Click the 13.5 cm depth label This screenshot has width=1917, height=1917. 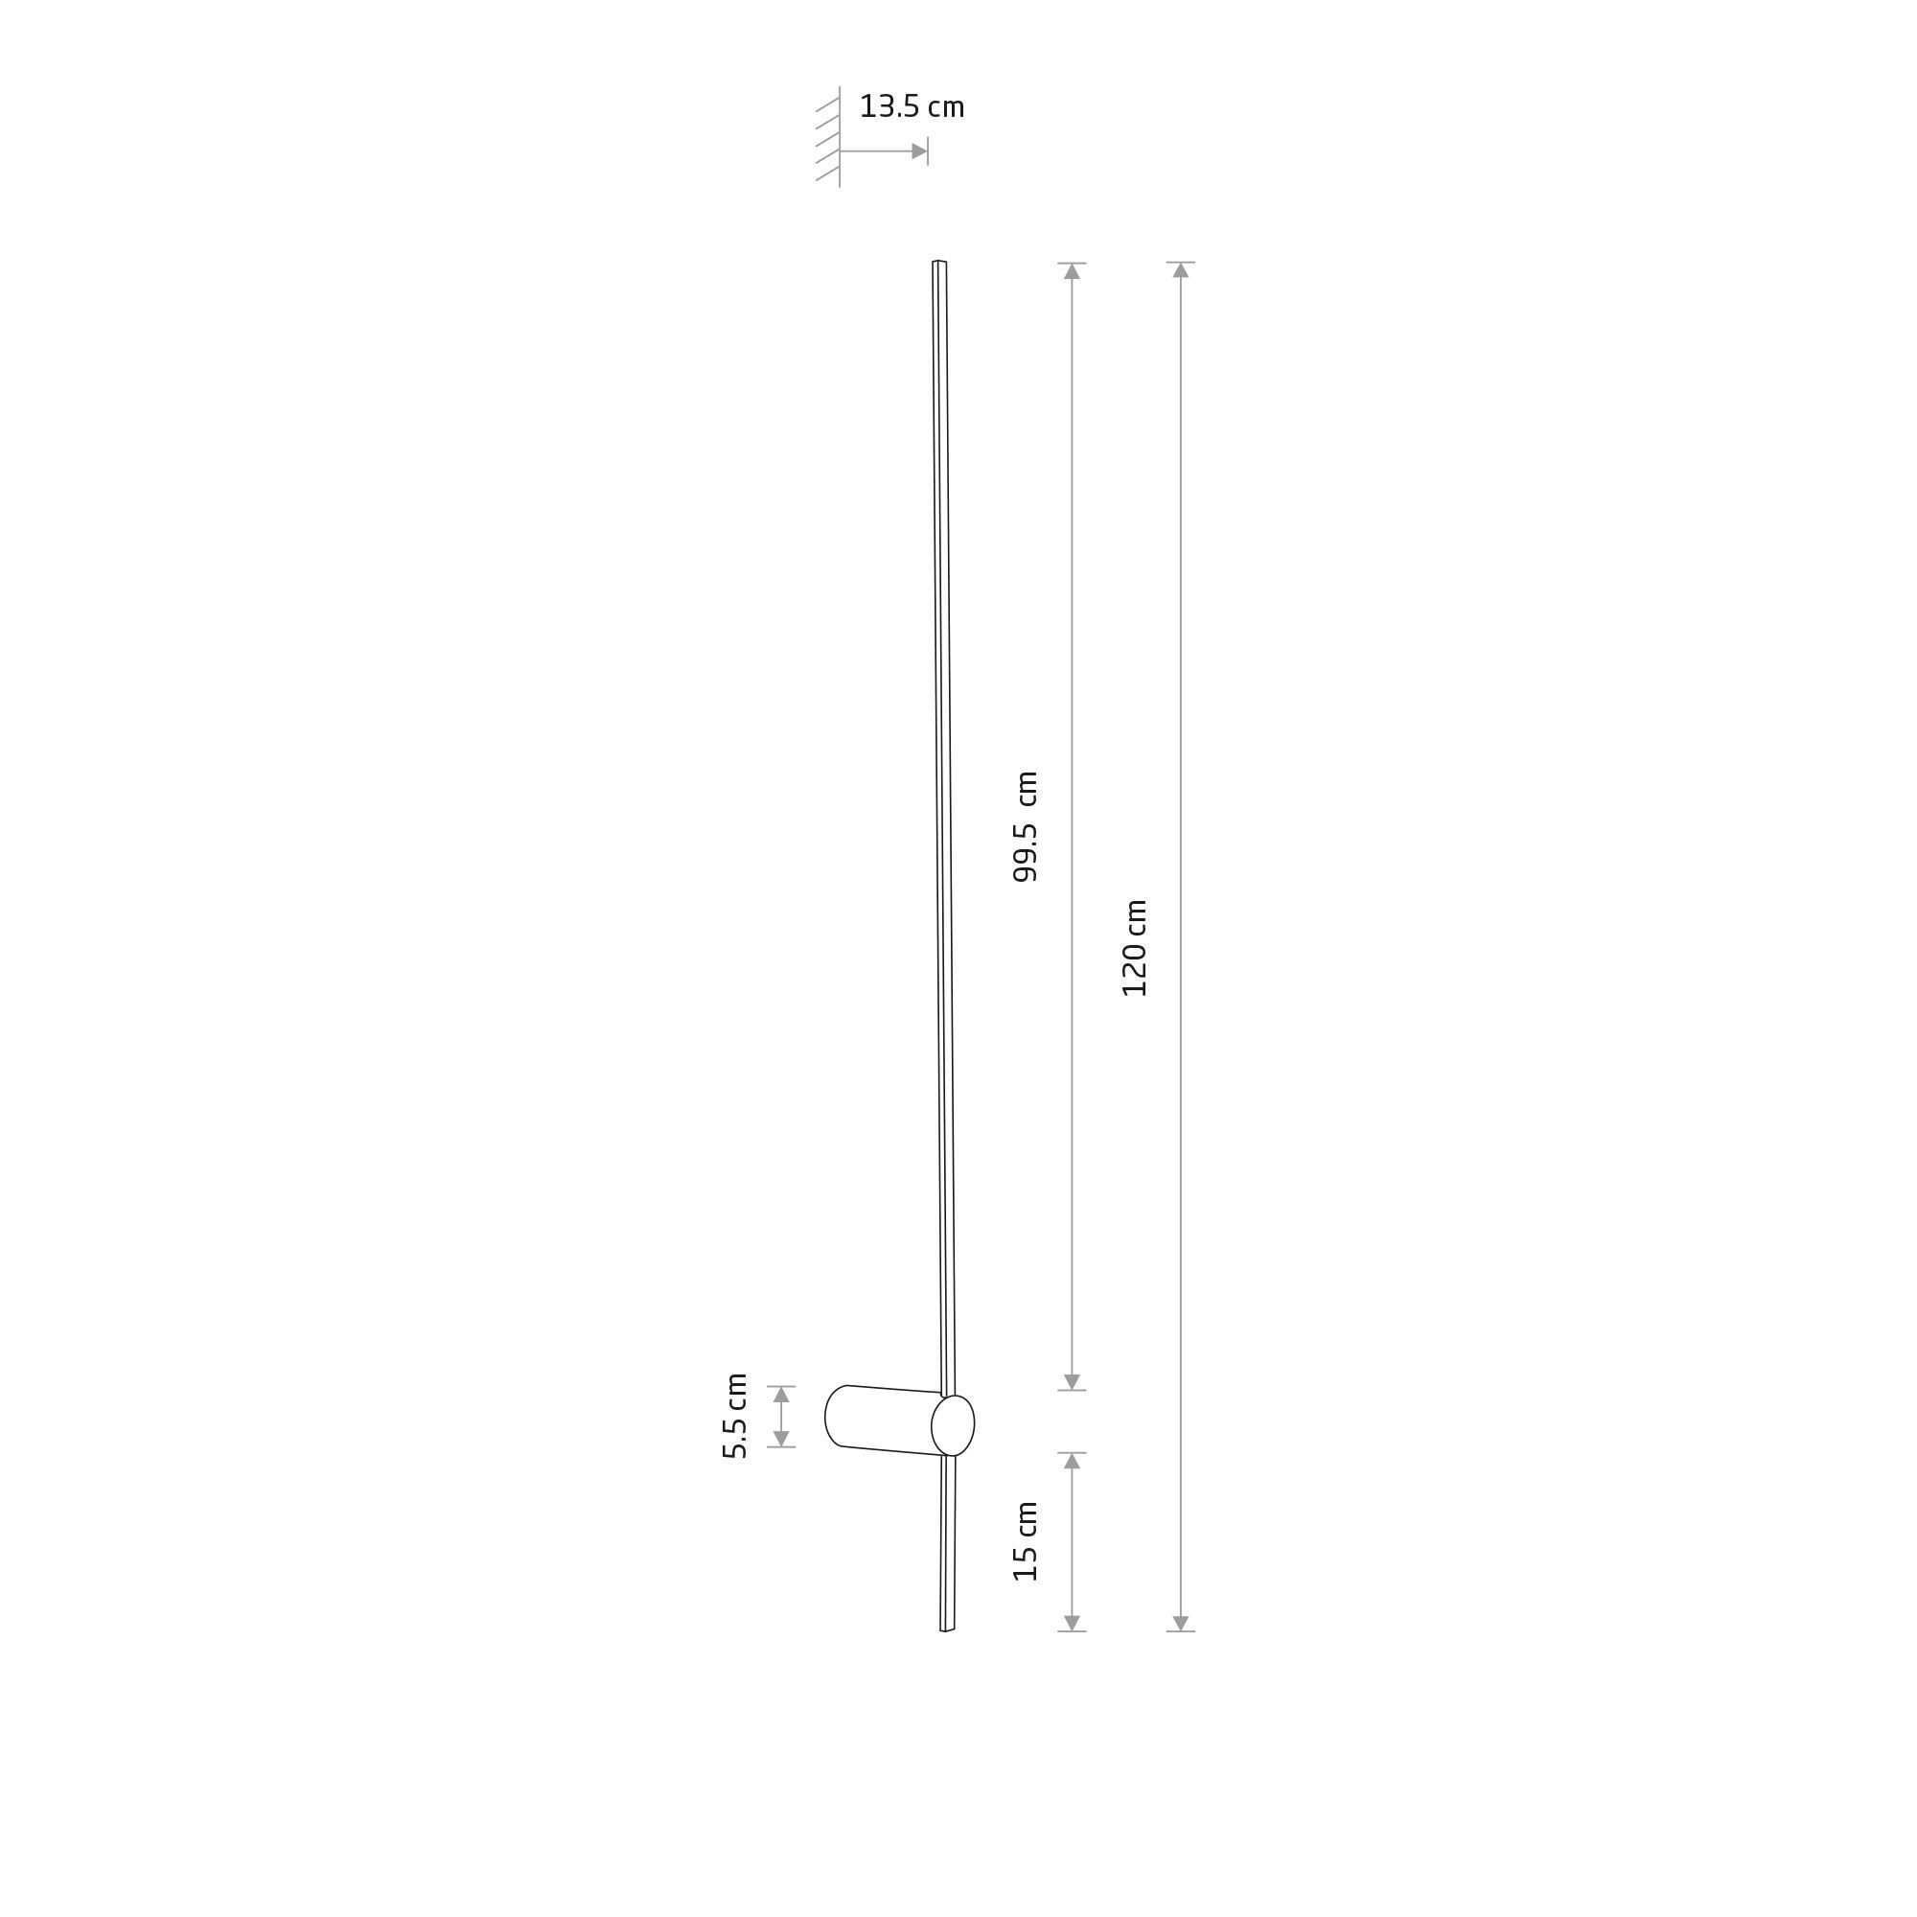click(x=911, y=107)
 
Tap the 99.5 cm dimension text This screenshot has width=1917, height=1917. click(x=1025, y=826)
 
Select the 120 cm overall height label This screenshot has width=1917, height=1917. click(x=1134, y=948)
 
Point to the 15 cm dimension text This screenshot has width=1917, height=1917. click(x=1025, y=1541)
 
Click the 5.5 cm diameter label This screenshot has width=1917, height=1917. click(x=735, y=1416)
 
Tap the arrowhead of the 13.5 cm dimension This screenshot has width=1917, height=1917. click(x=919, y=151)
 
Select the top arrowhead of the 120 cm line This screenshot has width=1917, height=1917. click(x=1181, y=270)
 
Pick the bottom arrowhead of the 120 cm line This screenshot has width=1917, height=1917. click(x=1181, y=1624)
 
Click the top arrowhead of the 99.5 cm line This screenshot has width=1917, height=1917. click(x=1072, y=271)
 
